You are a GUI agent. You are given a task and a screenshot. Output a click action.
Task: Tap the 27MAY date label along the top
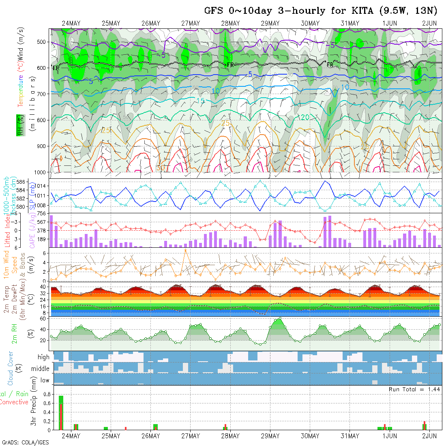click(x=190, y=24)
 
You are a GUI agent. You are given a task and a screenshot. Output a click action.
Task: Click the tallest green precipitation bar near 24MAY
click(x=61, y=412)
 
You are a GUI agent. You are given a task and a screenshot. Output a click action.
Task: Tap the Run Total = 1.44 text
click(x=414, y=389)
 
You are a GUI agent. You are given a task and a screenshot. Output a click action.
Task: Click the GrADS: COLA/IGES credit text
click(x=25, y=442)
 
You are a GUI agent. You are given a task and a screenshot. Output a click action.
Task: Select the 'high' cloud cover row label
click(x=43, y=357)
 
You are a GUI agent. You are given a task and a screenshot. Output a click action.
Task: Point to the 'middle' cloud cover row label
click(x=41, y=369)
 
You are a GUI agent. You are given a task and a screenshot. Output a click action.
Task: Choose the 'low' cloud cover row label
click(x=45, y=380)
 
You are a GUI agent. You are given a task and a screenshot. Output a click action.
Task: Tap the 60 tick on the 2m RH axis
click(x=42, y=319)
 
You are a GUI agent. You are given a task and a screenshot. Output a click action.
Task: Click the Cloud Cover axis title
click(x=10, y=368)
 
